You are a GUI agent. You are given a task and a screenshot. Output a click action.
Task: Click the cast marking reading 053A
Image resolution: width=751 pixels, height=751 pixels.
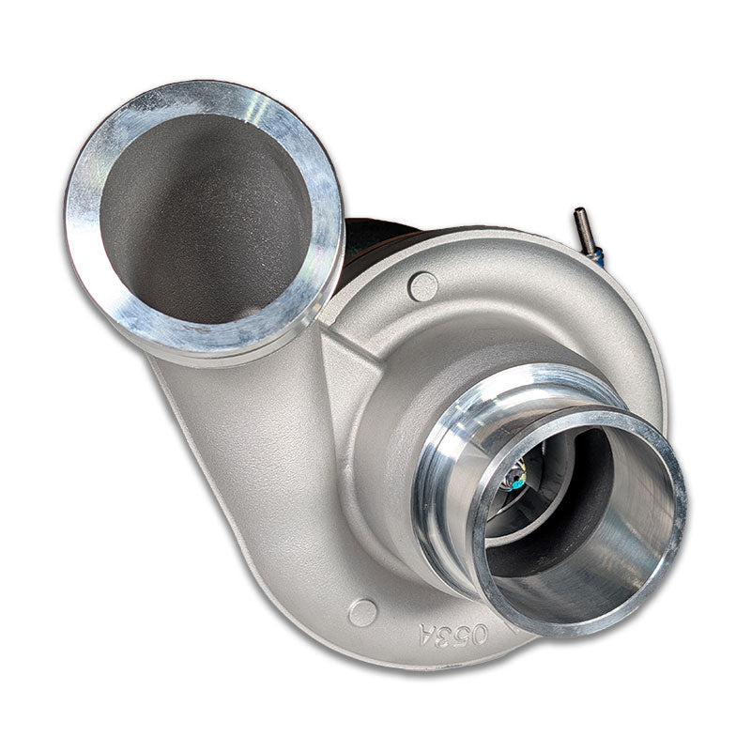tap(453, 636)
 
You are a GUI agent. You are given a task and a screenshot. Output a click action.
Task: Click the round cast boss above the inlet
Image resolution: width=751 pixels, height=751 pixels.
tap(422, 286)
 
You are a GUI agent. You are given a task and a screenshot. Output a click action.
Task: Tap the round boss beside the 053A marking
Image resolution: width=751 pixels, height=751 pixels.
tap(362, 612)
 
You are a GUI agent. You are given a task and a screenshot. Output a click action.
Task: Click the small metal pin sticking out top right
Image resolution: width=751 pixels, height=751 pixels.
tap(584, 231)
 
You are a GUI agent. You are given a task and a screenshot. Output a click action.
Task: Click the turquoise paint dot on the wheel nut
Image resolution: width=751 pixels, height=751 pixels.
tap(516, 484)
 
